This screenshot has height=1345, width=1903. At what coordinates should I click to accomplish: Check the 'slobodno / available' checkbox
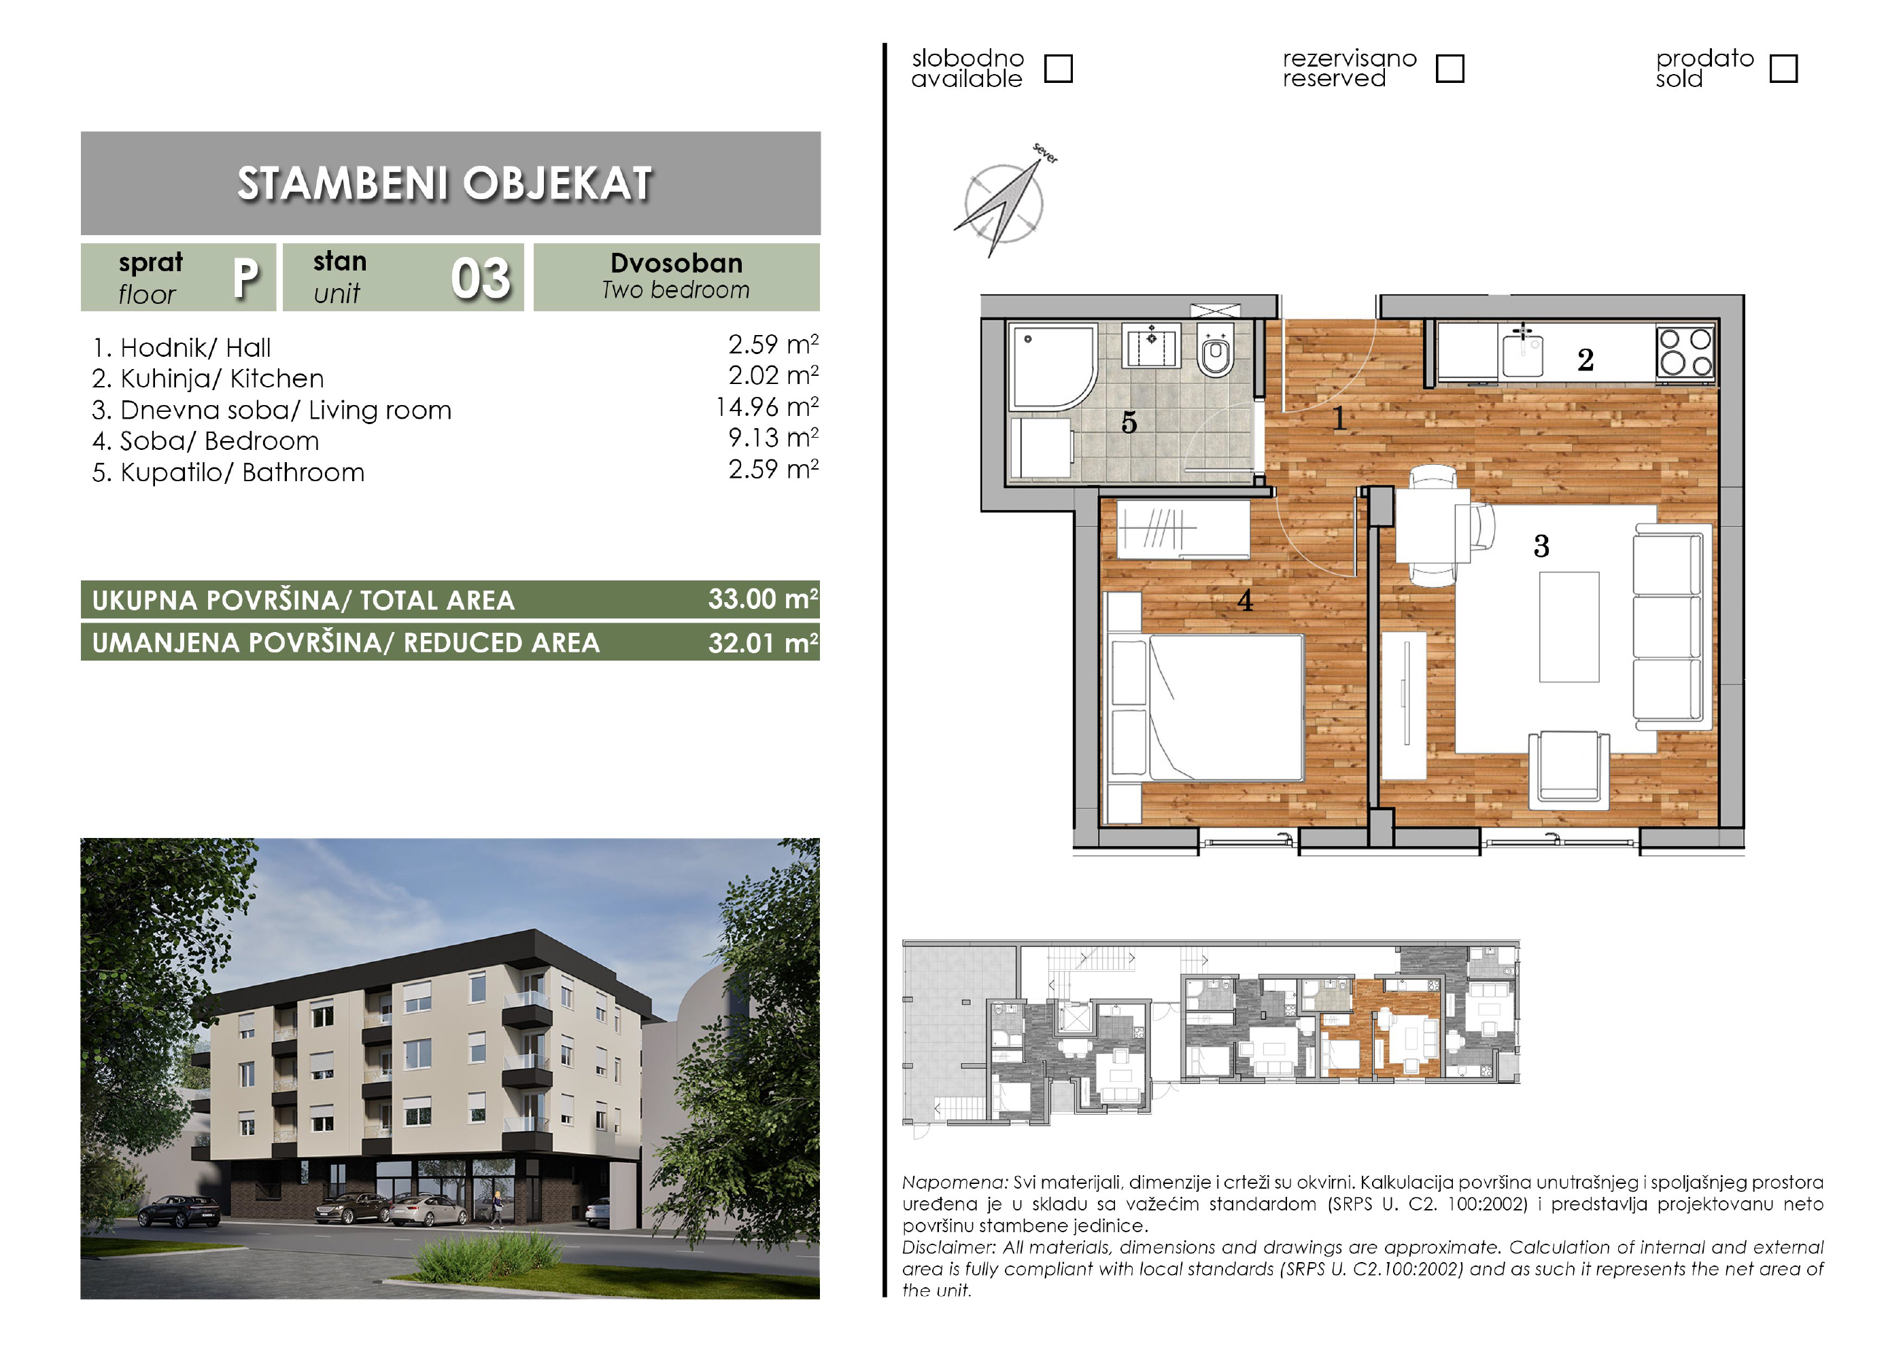click(1058, 69)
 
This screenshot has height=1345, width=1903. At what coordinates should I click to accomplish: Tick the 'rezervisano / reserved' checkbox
click(1449, 69)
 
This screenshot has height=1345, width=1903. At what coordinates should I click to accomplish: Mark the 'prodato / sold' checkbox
click(1783, 69)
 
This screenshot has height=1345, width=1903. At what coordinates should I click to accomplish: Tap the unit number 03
click(481, 279)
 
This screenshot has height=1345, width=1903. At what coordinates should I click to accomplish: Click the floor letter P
click(245, 279)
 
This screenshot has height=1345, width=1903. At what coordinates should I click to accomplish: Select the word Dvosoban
click(676, 263)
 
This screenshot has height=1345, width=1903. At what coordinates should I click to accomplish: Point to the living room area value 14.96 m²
click(767, 407)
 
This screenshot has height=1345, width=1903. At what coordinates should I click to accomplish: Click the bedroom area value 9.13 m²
click(773, 438)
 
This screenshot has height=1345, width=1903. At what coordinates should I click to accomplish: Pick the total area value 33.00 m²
click(763, 599)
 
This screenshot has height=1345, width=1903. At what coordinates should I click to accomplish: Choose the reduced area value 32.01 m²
click(763, 642)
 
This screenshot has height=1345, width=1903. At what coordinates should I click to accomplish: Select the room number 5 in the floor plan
click(1129, 423)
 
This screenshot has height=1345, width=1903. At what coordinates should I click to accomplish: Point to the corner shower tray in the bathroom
click(1051, 366)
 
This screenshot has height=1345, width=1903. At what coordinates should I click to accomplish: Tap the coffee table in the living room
click(1569, 627)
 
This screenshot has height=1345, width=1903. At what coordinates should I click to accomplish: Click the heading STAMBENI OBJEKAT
click(445, 183)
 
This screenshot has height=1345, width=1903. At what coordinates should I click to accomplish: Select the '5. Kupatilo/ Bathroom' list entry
click(228, 472)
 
